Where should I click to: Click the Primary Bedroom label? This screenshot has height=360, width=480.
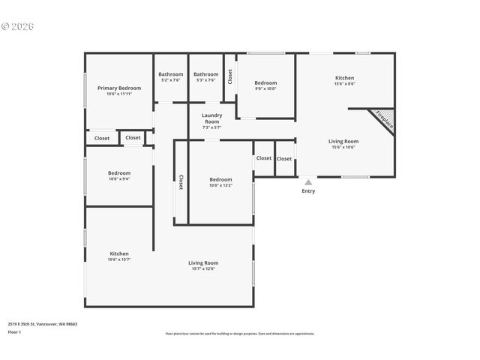119,88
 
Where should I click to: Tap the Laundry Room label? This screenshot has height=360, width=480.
211,118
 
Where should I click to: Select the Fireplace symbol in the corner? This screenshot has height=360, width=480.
383,120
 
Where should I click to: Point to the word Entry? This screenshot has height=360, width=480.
308,191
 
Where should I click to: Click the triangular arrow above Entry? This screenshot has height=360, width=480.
308,181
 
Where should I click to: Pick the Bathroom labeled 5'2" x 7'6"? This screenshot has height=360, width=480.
170,74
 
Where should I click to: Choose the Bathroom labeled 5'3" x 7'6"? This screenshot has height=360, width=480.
205,74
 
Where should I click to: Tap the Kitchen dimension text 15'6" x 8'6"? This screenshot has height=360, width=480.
344,84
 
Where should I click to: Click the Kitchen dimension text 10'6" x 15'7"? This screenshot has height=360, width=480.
119,259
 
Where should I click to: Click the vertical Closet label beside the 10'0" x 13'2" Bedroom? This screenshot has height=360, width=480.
181,182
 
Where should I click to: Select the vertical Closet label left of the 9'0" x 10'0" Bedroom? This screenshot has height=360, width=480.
230,76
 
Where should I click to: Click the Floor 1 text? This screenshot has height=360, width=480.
14,331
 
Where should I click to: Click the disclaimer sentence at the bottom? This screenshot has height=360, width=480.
240,334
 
